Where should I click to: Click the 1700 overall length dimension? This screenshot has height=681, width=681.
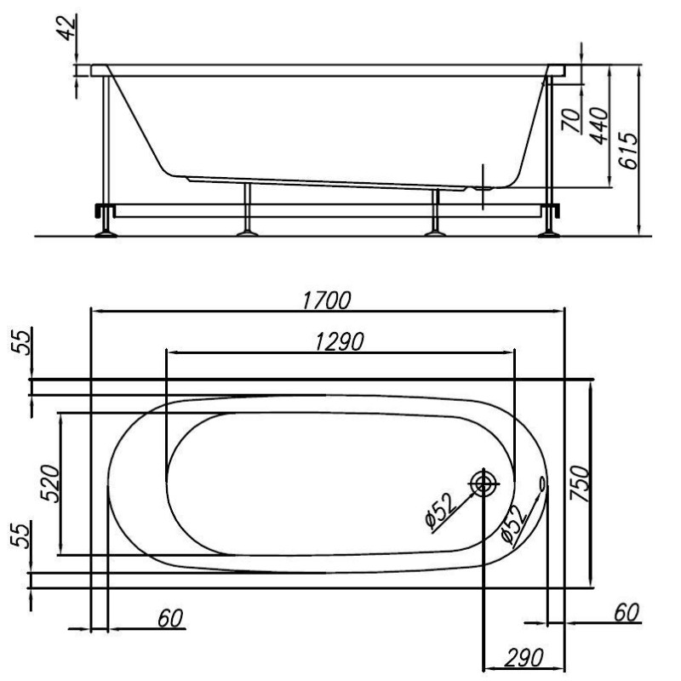click(326, 300)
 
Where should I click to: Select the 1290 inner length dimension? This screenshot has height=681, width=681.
click(339, 342)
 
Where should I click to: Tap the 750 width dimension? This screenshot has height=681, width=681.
click(580, 484)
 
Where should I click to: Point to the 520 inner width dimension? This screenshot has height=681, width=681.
click(49, 484)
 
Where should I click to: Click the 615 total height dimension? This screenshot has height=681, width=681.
click(628, 151)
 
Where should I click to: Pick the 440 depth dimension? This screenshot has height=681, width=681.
click(600, 126)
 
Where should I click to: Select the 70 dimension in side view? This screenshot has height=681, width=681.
click(571, 120)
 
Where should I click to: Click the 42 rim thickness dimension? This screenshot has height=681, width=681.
click(68, 27)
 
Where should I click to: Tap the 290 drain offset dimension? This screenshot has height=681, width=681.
click(524, 657)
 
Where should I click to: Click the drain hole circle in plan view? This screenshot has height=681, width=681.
click(482, 484)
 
